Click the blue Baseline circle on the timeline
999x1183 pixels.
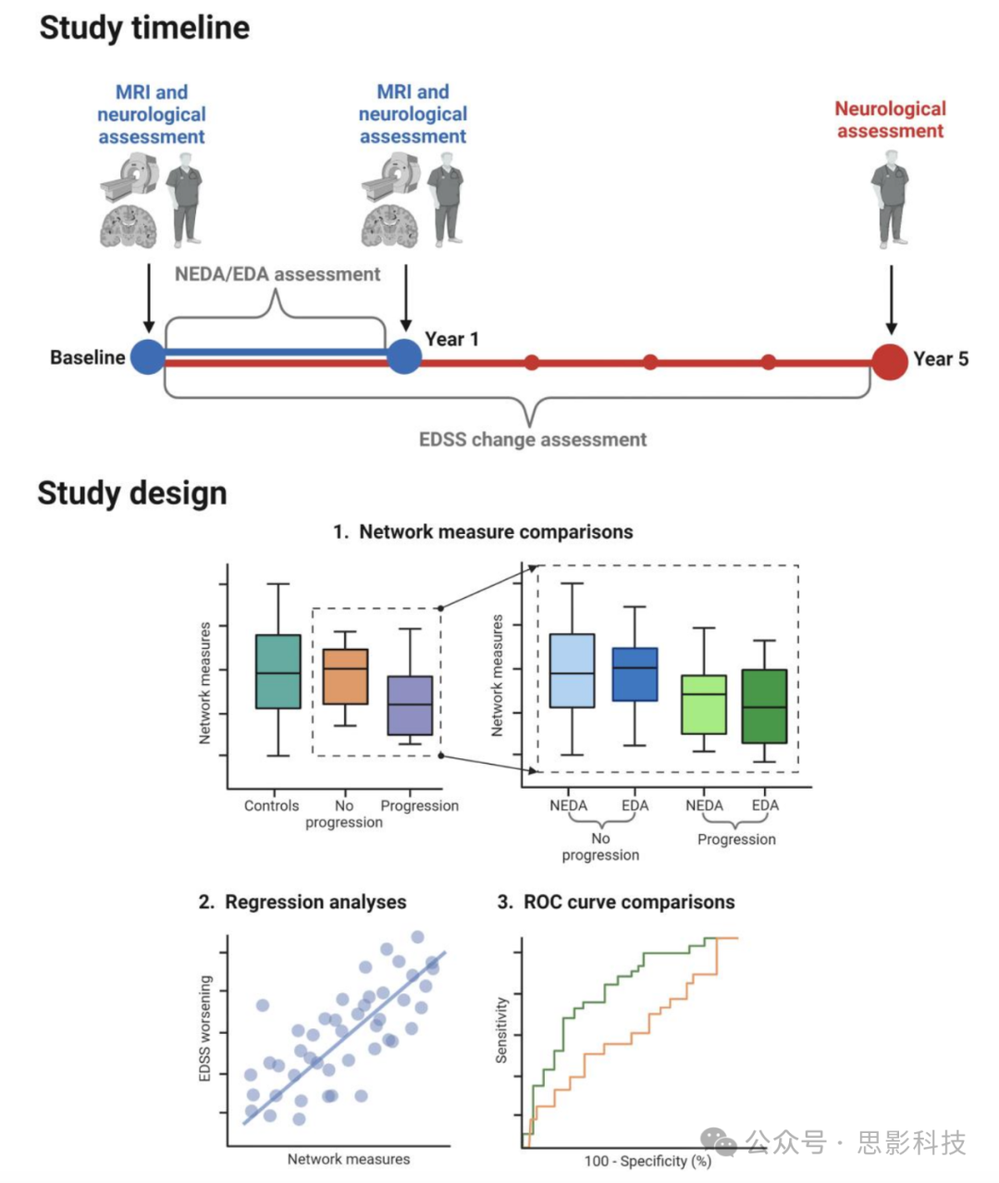tap(148, 356)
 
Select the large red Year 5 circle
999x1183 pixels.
tap(890, 361)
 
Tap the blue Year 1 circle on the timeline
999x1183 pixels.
tap(403, 356)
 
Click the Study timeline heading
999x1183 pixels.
tap(144, 28)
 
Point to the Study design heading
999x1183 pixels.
tap(132, 492)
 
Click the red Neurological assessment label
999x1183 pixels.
tap(890, 119)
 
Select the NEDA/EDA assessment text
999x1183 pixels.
tap(277, 274)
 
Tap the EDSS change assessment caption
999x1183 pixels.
tap(533, 440)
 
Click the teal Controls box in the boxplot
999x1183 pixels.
tap(277, 671)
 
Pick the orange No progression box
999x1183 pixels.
tap(345, 677)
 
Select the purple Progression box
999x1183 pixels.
tap(410, 705)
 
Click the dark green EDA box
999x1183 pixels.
tap(764, 705)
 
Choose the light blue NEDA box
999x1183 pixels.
tap(572, 670)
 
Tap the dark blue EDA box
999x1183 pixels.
tap(635, 674)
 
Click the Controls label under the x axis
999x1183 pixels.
tap(271, 805)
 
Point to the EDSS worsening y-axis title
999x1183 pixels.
tap(205, 1027)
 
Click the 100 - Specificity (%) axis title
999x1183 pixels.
tap(647, 1161)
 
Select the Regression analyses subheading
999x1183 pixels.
tap(302, 902)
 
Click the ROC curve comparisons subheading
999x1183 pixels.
tap(616, 902)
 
